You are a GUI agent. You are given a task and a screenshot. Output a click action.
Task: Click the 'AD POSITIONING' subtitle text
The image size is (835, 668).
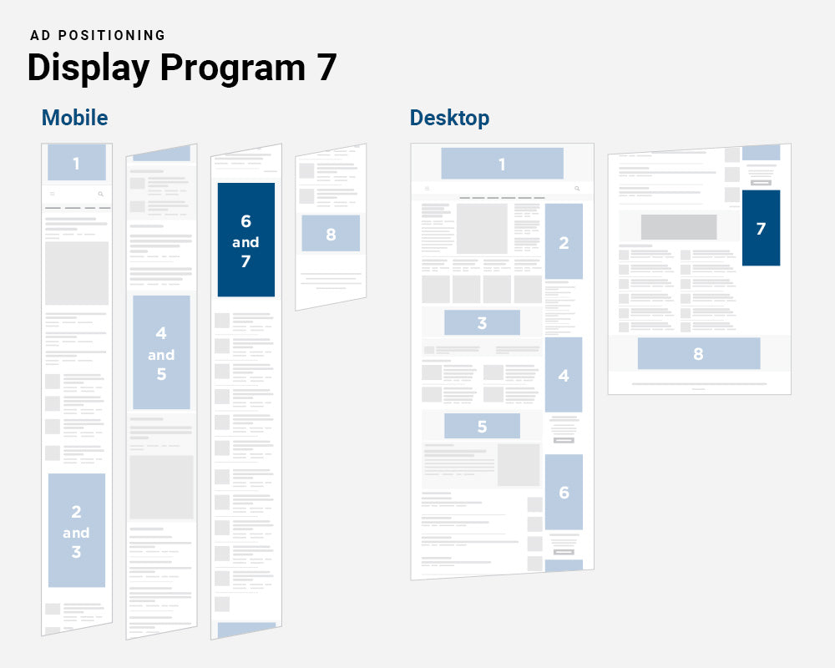(98, 35)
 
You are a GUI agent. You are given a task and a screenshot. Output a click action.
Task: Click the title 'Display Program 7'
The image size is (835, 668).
(181, 68)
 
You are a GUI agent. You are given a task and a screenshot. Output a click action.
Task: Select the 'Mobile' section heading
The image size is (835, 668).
(74, 118)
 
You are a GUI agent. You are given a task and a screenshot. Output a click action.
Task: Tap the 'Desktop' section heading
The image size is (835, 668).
(449, 118)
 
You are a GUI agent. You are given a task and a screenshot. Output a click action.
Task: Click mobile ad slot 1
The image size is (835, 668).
(76, 163)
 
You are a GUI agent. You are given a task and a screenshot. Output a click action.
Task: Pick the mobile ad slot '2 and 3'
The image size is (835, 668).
(76, 530)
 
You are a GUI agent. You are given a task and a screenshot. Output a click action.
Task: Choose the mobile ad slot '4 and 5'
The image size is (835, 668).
(161, 352)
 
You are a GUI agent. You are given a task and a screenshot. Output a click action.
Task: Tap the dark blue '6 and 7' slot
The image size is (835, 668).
(245, 240)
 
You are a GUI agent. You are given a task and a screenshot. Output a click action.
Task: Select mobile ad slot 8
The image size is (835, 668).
(331, 234)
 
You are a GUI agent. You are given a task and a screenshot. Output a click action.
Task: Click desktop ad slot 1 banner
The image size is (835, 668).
(502, 164)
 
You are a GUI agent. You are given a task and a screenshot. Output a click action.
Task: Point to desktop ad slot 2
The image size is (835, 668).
(564, 242)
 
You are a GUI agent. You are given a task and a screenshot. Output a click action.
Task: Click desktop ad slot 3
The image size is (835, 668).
(482, 322)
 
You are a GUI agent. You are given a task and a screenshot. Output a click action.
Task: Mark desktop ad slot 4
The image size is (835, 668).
(564, 375)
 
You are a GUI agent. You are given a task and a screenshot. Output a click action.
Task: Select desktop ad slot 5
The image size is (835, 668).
(482, 426)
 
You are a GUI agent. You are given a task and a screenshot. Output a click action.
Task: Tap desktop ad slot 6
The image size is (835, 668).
(564, 492)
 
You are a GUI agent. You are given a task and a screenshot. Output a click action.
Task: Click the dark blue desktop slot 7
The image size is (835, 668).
(761, 228)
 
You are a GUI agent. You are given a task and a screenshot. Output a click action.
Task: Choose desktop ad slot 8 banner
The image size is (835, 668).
(698, 353)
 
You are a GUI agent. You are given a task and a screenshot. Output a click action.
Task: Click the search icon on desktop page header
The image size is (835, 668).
(577, 189)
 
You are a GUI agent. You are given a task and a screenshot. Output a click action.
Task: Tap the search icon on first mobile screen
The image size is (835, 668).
(101, 194)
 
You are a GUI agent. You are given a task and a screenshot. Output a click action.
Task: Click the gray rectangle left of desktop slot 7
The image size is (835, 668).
(678, 227)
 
